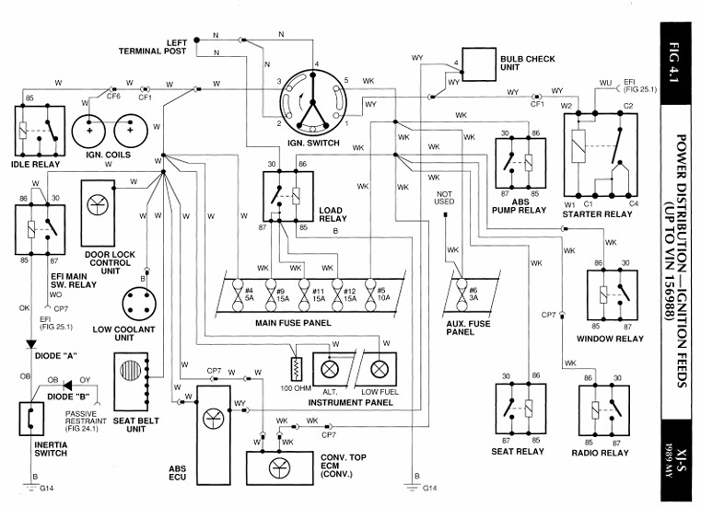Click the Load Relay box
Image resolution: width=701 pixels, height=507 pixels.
pos(285,197)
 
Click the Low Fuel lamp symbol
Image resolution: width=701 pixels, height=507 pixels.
pos(377,369)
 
